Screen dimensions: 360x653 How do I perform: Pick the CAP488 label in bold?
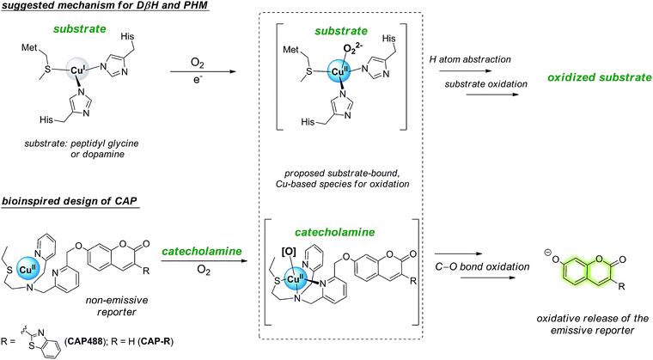point(82,342)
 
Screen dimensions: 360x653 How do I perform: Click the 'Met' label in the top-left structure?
point(35,58)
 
